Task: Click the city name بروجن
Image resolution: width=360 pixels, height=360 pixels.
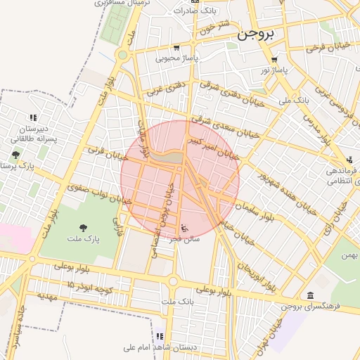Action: coord(257,32)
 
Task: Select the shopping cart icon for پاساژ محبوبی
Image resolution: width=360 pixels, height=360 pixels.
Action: coord(176,49)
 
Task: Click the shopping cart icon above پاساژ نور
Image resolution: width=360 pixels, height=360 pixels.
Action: coord(274,60)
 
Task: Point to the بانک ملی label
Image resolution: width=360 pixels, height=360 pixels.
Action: coord(294,101)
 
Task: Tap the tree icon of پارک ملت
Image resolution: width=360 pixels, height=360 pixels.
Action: coord(84,227)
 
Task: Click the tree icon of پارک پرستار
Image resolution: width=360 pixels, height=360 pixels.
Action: coord(15,155)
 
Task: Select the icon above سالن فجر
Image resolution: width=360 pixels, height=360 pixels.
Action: coord(184,228)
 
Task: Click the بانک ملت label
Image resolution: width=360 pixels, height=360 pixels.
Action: coord(176,302)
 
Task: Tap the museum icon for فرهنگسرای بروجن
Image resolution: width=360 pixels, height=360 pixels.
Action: coord(311,295)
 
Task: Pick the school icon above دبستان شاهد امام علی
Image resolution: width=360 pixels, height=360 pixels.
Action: coord(160,336)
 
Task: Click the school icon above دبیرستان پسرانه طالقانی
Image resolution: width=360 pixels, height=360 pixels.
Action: coord(32,118)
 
